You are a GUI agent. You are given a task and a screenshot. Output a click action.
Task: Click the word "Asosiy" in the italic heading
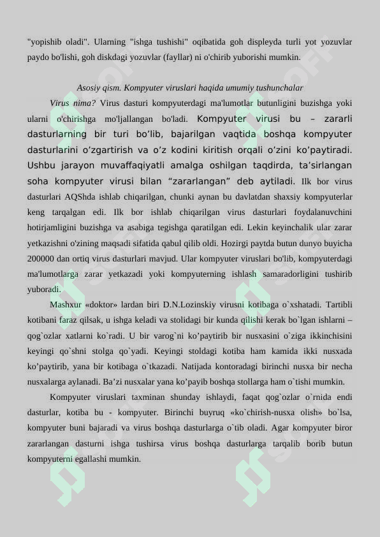89,88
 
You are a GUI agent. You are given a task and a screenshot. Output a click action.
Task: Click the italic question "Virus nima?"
73,103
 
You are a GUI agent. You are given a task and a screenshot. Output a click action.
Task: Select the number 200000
43,259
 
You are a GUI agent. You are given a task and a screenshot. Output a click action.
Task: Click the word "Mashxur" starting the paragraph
66,305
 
